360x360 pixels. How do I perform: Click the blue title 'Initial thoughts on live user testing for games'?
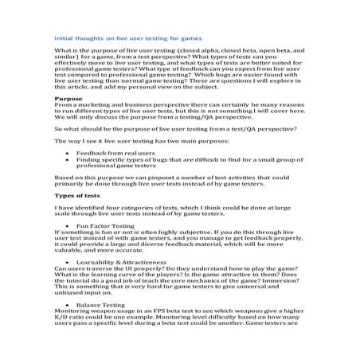pyautogui.click(x=127, y=37)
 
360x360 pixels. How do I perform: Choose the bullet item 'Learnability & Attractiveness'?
pyautogui.click(x=123, y=261)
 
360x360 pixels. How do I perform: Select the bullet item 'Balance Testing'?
pyautogui.click(x=104, y=306)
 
